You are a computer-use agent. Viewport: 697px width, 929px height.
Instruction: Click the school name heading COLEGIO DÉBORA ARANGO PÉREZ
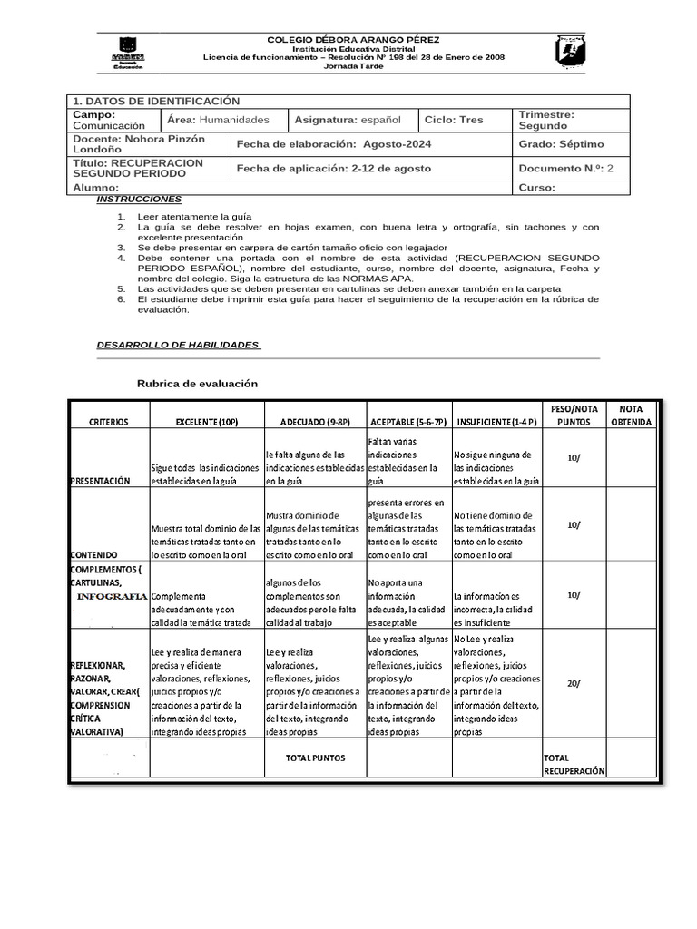[x=353, y=41]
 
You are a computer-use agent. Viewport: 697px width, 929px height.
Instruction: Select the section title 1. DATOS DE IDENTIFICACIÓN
[x=156, y=102]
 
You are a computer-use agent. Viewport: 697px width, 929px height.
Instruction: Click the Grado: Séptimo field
[x=561, y=144]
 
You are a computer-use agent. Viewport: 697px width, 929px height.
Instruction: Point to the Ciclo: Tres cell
[x=454, y=120]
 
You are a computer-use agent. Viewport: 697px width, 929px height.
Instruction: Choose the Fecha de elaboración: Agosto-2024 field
[x=334, y=144]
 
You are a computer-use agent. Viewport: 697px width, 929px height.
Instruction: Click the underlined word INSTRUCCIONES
[x=139, y=199]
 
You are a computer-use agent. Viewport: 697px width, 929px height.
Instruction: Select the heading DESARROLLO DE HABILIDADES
[x=178, y=345]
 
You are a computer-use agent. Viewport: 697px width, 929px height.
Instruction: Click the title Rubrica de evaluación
[x=197, y=384]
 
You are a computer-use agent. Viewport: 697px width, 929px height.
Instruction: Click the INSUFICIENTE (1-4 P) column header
[x=496, y=422]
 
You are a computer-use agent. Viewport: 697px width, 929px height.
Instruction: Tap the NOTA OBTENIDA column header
[x=631, y=416]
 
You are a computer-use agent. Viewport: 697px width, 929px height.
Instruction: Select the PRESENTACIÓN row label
[x=100, y=481]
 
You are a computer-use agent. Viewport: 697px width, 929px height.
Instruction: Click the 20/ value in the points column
[x=574, y=683]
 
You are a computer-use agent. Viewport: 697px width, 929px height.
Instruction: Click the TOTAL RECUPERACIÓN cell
[x=574, y=763]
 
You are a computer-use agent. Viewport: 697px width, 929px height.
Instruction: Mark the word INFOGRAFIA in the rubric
[x=112, y=597]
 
